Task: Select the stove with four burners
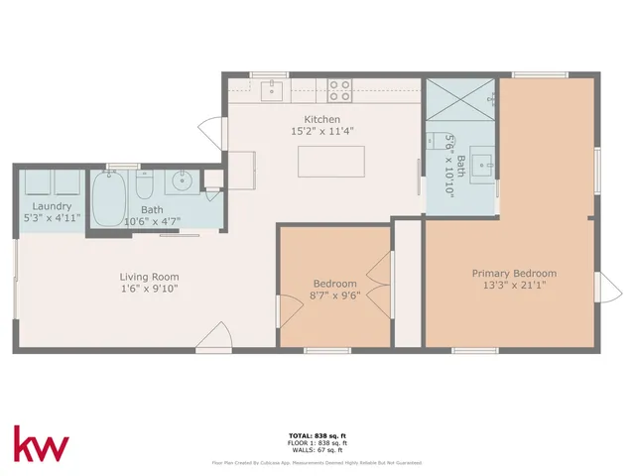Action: (x=339, y=90)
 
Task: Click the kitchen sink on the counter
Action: (x=273, y=91)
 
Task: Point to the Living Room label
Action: (x=149, y=277)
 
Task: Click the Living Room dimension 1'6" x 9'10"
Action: (x=149, y=289)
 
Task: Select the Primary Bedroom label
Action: (x=514, y=274)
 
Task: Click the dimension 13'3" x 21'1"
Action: (x=514, y=286)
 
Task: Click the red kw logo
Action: (x=41, y=444)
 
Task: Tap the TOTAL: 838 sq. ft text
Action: (x=317, y=436)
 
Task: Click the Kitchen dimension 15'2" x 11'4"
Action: (x=322, y=131)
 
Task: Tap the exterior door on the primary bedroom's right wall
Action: (x=611, y=290)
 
